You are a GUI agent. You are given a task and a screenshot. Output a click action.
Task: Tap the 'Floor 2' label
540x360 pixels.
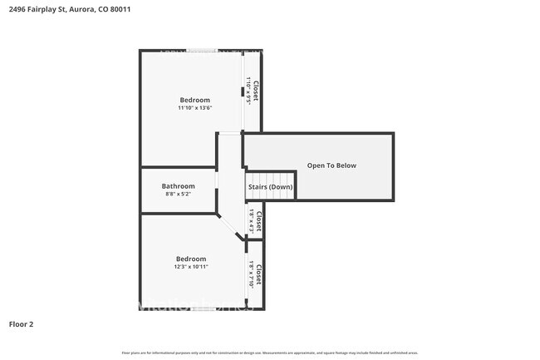pyautogui.click(x=22, y=323)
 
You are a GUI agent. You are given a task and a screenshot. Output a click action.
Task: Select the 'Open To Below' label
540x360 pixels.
pyautogui.click(x=331, y=165)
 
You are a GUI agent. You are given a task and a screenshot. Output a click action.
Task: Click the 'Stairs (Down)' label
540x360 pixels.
pyautogui.click(x=270, y=187)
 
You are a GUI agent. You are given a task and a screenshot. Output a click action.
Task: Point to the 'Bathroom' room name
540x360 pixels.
pyautogui.click(x=178, y=186)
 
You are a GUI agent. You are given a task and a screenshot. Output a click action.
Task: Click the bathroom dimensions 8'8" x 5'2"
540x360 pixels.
pyautogui.click(x=178, y=195)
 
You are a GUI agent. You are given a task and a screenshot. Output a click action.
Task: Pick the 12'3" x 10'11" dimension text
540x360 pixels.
pyautogui.click(x=191, y=267)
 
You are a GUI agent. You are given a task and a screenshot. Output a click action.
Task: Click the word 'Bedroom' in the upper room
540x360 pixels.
pyautogui.click(x=195, y=100)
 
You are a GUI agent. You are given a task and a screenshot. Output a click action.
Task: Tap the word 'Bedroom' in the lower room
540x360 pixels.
pyautogui.click(x=191, y=259)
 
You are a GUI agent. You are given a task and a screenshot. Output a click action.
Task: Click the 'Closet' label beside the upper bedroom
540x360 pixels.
pyautogui.click(x=257, y=90)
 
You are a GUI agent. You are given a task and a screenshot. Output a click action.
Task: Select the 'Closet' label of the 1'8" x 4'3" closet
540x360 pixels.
pyautogui.click(x=259, y=221)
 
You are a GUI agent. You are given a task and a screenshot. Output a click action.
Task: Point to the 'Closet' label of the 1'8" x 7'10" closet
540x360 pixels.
pyautogui.click(x=259, y=274)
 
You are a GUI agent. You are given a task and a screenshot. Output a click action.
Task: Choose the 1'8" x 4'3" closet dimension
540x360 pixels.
pyautogui.click(x=251, y=221)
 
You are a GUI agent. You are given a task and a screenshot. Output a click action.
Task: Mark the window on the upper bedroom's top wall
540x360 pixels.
pyautogui.click(x=202, y=51)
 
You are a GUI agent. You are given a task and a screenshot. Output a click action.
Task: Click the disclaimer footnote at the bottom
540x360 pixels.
pyautogui.click(x=269, y=353)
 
